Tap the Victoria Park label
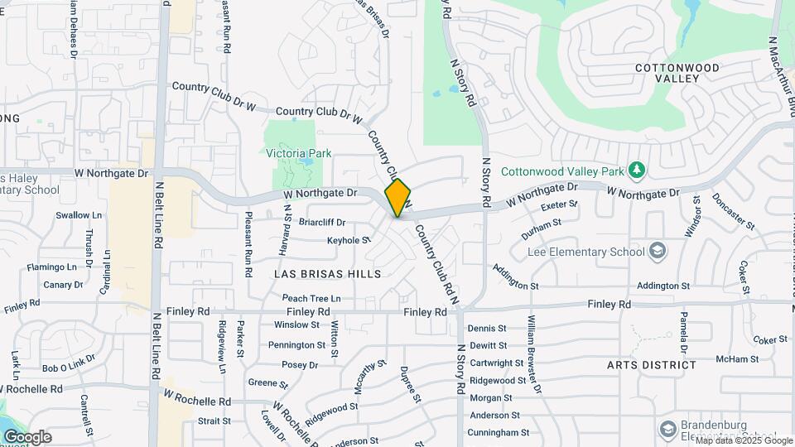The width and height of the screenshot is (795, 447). click(298, 153)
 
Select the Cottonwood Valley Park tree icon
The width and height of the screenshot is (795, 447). click(636, 171)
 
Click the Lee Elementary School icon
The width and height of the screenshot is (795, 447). click(657, 251)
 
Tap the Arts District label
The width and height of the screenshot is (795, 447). click(651, 364)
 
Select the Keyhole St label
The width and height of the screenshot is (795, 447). click(348, 240)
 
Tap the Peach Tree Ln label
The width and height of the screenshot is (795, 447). click(311, 298)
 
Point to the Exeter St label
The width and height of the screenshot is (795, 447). click(559, 205)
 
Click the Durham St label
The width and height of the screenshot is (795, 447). click(542, 223)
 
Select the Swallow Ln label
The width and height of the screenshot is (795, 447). click(78, 215)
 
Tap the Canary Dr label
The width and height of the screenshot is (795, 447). click(63, 285)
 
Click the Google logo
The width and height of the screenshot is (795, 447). click(26, 437)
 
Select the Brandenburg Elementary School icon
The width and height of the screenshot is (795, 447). click(668, 429)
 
